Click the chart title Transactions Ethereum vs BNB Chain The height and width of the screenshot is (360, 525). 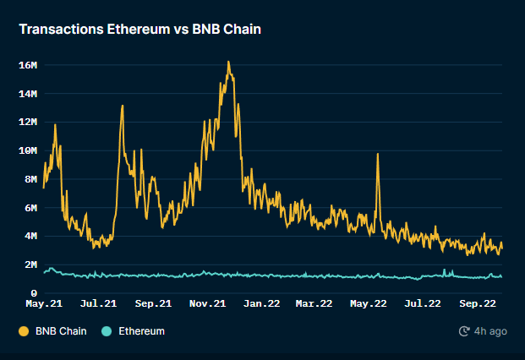[140, 30]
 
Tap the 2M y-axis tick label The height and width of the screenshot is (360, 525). [30, 265]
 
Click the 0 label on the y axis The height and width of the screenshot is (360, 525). [34, 293]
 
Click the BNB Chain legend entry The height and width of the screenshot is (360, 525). [60, 331]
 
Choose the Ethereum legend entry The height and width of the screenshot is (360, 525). [140, 331]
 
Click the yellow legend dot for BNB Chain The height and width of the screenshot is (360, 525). [24, 331]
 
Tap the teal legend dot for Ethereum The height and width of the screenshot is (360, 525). [107, 331]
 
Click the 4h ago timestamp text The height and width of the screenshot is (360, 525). [491, 331]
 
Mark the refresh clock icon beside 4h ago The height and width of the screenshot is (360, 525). [464, 331]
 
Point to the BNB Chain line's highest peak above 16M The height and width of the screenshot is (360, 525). [228, 62]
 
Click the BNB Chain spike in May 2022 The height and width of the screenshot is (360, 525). [377, 155]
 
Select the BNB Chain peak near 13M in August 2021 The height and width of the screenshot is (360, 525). [123, 106]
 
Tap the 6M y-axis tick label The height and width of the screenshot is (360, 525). [30, 208]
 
